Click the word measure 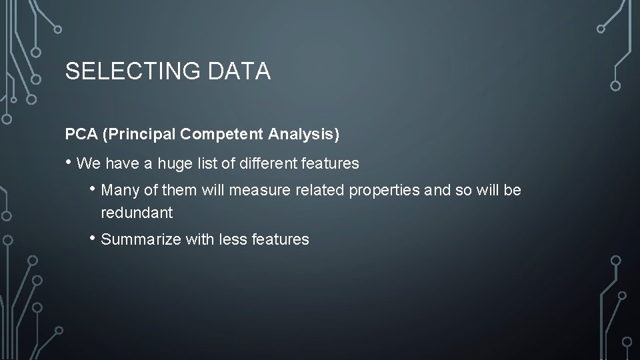click(x=256, y=191)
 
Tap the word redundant click(x=137, y=213)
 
